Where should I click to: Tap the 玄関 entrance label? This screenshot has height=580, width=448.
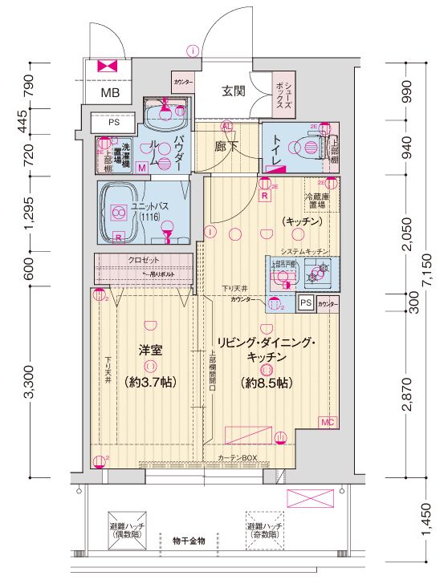233,90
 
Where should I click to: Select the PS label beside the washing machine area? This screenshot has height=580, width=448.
113,123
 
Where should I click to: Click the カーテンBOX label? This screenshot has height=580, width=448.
236,457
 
